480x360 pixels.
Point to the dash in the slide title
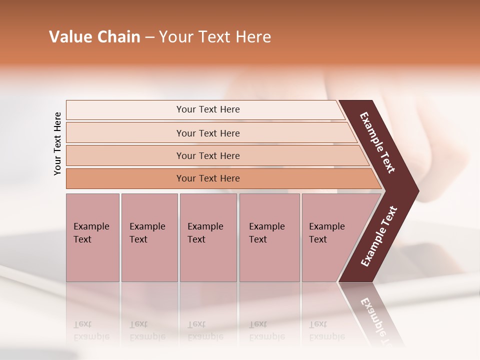tap(149, 37)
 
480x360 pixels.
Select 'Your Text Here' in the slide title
tap(215, 37)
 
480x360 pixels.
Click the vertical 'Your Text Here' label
tap(57, 143)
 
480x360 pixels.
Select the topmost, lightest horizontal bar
tap(208, 109)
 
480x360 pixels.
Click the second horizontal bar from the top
tap(208, 133)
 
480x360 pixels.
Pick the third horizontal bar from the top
tap(208, 155)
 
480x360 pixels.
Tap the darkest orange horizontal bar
tap(208, 178)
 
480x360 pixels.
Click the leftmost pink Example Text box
tap(92, 237)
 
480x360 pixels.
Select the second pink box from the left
tap(149, 237)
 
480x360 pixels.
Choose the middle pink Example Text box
tap(208, 237)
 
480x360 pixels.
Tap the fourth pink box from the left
tap(269, 237)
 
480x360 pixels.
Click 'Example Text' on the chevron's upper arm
tap(377, 142)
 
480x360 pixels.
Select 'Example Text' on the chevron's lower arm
tap(379, 236)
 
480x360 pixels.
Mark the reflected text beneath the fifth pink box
tap(326, 330)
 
